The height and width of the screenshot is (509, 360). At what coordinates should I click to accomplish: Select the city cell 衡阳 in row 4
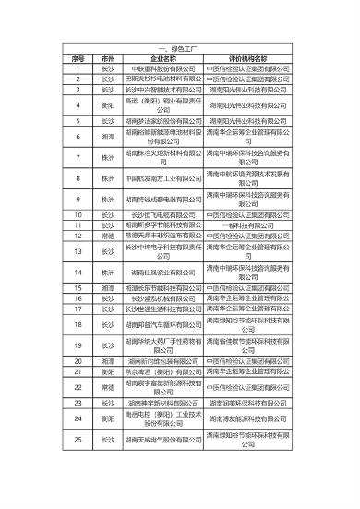point(108,105)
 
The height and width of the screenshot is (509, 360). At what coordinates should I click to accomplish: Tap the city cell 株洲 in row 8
point(108,178)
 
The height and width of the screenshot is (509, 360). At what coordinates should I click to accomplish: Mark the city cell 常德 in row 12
point(108,235)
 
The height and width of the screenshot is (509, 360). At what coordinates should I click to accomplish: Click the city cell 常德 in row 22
point(108,388)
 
